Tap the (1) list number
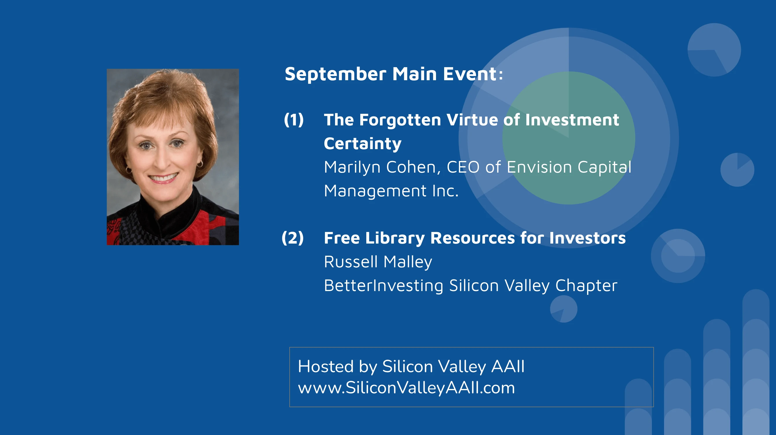pos(294,120)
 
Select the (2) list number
pos(293,238)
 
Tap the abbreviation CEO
pos(463,167)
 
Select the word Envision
pos(539,167)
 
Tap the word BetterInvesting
pos(383,286)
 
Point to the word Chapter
pos(586,286)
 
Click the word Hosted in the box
pos(326,367)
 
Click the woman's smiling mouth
pos(163,178)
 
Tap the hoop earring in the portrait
pos(200,164)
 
